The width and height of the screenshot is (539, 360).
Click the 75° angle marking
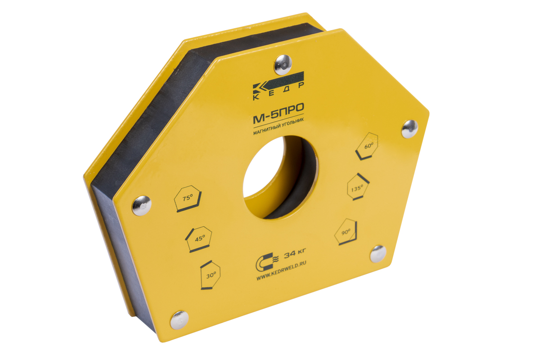188,198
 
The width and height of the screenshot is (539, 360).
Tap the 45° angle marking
199,239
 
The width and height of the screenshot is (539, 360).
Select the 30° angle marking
210,275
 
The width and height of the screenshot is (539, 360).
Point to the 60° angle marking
367,146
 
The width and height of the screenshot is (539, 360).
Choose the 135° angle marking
358,187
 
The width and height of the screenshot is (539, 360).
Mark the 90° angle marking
346,232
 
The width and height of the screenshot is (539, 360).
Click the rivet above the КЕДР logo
283,64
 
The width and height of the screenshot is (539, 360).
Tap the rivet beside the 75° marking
142,206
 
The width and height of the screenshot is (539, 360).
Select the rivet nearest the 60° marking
410,129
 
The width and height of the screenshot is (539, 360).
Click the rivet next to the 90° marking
378,254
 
